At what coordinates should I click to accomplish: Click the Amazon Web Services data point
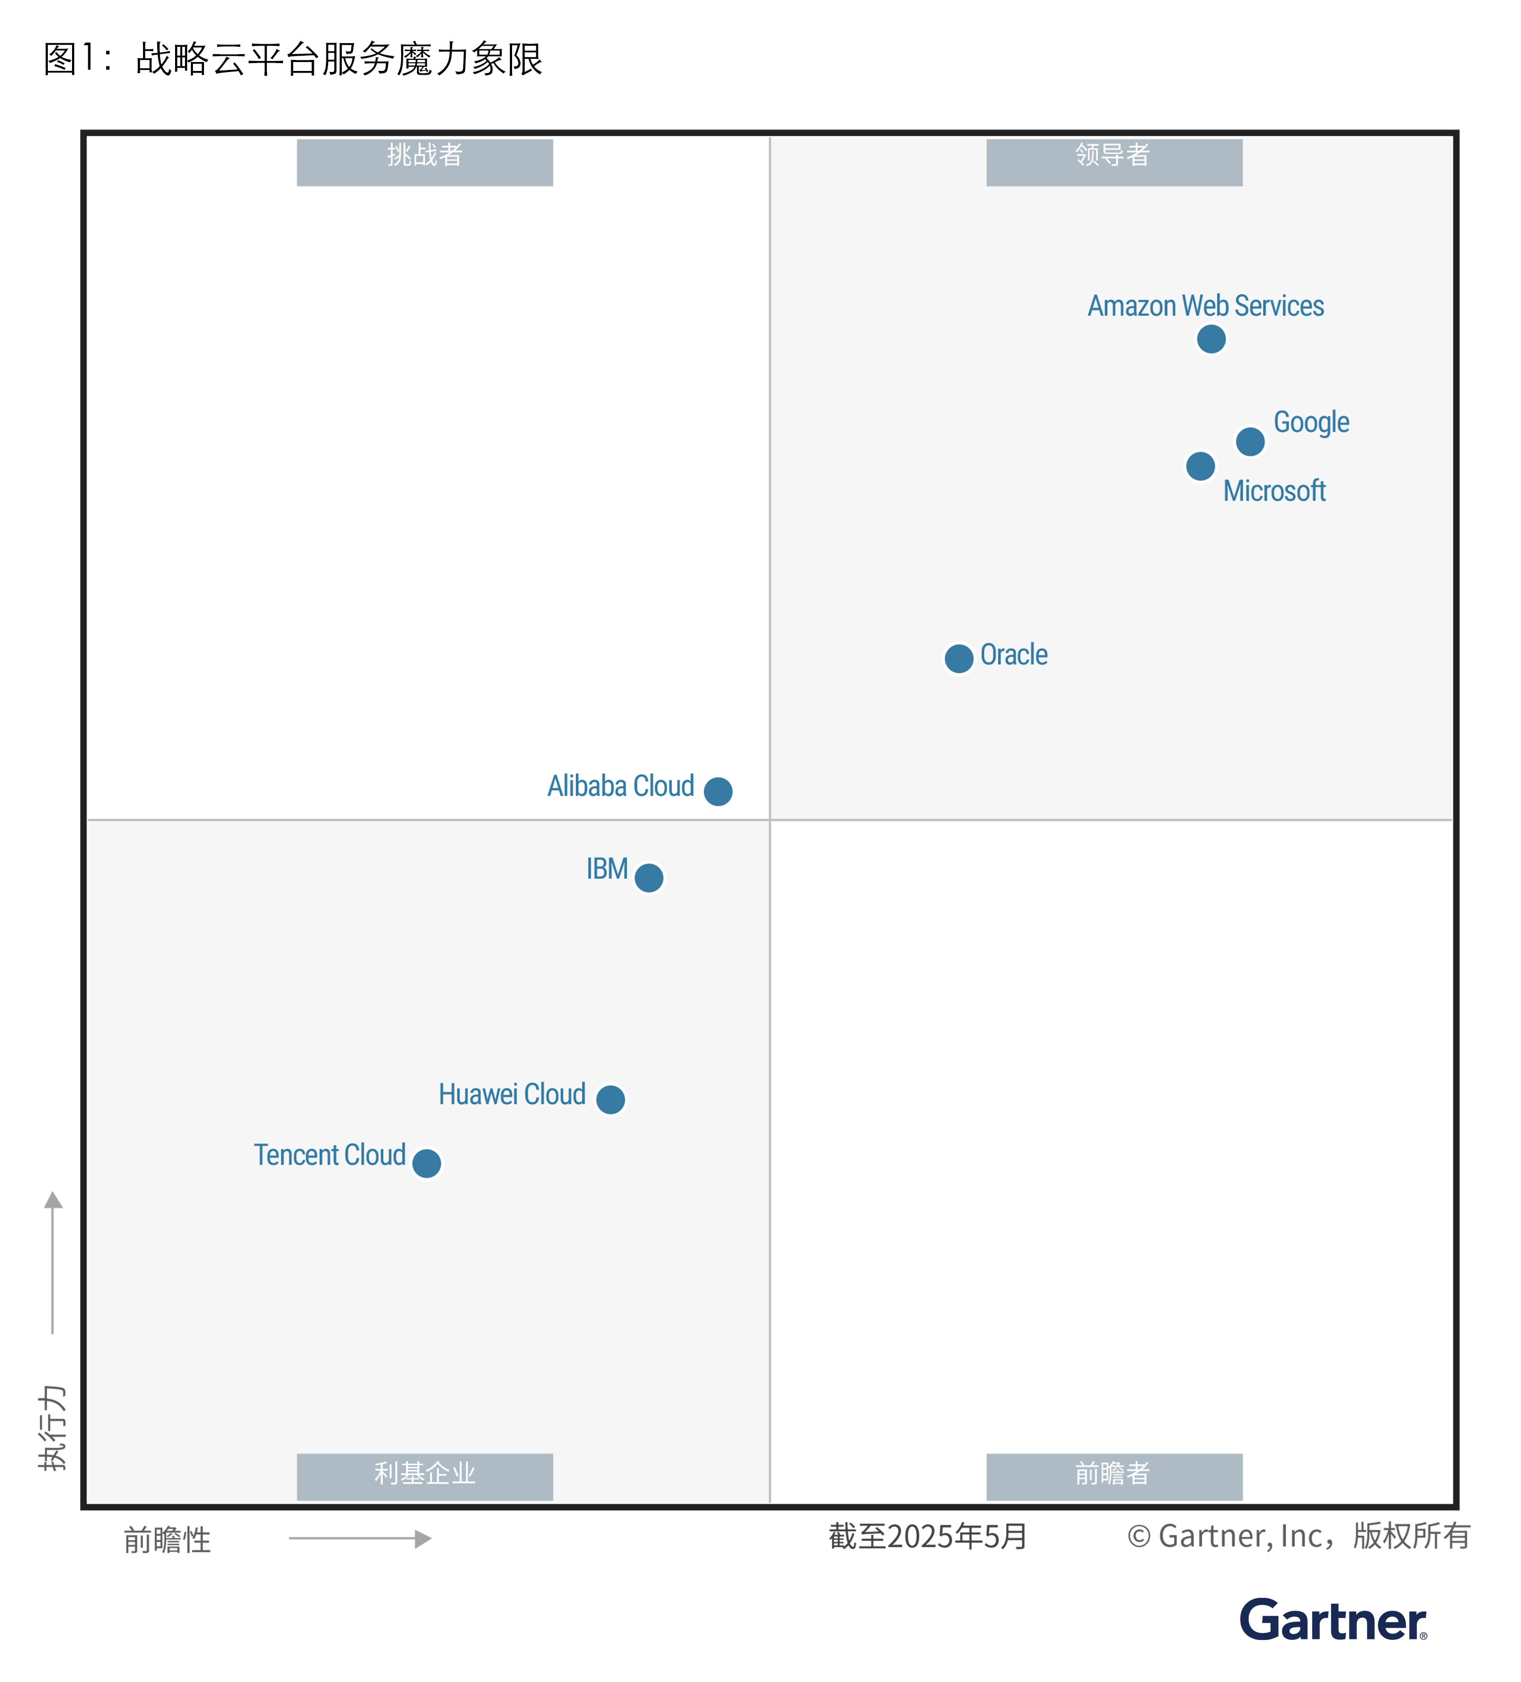(1211, 339)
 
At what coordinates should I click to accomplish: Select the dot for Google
(1250, 440)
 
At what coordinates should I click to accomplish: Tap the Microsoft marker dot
(1200, 466)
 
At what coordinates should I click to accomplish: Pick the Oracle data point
(958, 658)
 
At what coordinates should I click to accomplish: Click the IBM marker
(648, 877)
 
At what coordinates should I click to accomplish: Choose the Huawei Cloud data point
(610, 1099)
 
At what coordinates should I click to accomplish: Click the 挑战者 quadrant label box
(425, 162)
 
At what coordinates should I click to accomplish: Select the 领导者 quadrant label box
(1114, 162)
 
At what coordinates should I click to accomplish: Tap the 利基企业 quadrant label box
(425, 1476)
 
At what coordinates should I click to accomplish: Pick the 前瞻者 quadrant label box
(1114, 1476)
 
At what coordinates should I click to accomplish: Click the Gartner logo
(1332, 1621)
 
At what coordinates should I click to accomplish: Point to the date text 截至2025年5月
(928, 1536)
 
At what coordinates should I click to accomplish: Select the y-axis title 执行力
(53, 1427)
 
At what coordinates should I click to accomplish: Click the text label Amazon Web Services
(1205, 305)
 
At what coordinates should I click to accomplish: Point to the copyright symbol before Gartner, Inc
(1138, 1536)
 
